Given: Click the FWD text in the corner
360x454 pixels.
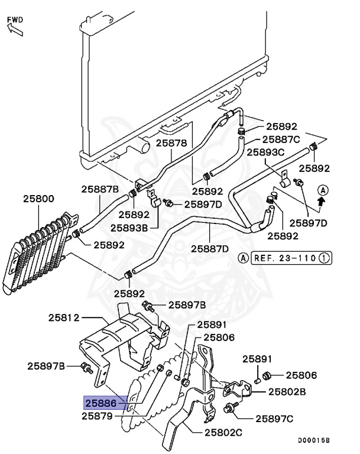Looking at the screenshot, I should [x=15, y=20].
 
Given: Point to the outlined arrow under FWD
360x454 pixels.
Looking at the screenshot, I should [x=15, y=30].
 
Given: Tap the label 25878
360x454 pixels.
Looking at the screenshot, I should [x=171, y=143].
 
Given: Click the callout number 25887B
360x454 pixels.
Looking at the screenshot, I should [x=100, y=189].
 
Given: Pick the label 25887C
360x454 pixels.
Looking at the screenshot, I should [x=281, y=140].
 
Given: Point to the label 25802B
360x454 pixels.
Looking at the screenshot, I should [x=287, y=391].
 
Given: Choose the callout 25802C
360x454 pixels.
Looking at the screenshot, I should [x=223, y=433].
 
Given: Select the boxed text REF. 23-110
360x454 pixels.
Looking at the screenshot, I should [x=283, y=258].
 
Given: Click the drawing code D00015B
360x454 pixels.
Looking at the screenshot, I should [x=313, y=440].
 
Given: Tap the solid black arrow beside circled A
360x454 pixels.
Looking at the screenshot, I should [x=322, y=201].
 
